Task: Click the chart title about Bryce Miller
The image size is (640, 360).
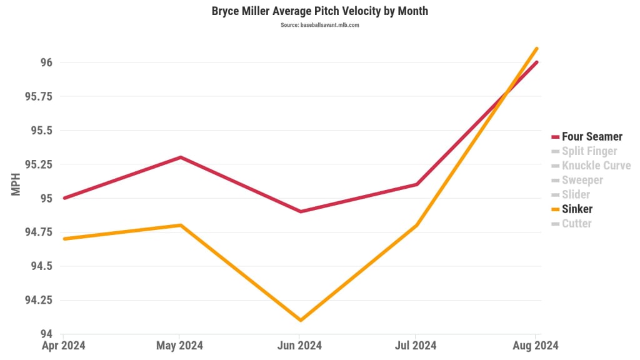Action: pyautogui.click(x=319, y=11)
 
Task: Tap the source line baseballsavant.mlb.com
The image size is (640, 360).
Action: pyautogui.click(x=319, y=25)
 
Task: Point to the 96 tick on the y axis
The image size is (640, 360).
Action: pyautogui.click(x=46, y=62)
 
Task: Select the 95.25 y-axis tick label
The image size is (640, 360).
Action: pyautogui.click(x=39, y=164)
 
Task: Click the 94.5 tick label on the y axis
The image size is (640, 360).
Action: pyautogui.click(x=41, y=266)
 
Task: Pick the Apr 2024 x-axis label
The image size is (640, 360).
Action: pyautogui.click(x=64, y=346)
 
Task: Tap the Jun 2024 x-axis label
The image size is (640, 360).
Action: pyautogui.click(x=300, y=346)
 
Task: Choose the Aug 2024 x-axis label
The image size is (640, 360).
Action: pyautogui.click(x=536, y=346)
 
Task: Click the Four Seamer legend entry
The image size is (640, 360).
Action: pyautogui.click(x=591, y=137)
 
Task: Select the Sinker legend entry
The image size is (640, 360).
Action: pyautogui.click(x=576, y=209)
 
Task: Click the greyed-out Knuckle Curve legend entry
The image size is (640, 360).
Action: pyautogui.click(x=596, y=166)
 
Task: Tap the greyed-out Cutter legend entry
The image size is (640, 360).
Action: pyautogui.click(x=576, y=223)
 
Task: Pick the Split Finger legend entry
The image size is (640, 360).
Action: pyautogui.click(x=589, y=151)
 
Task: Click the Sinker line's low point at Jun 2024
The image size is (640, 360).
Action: pyautogui.click(x=301, y=320)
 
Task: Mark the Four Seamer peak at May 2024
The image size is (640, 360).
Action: pyautogui.click(x=181, y=157)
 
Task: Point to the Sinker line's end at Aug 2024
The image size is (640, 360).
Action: pyautogui.click(x=536, y=49)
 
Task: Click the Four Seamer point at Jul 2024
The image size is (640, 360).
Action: pyautogui.click(x=417, y=184)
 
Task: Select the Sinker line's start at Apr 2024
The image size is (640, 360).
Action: pyautogui.click(x=64, y=239)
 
